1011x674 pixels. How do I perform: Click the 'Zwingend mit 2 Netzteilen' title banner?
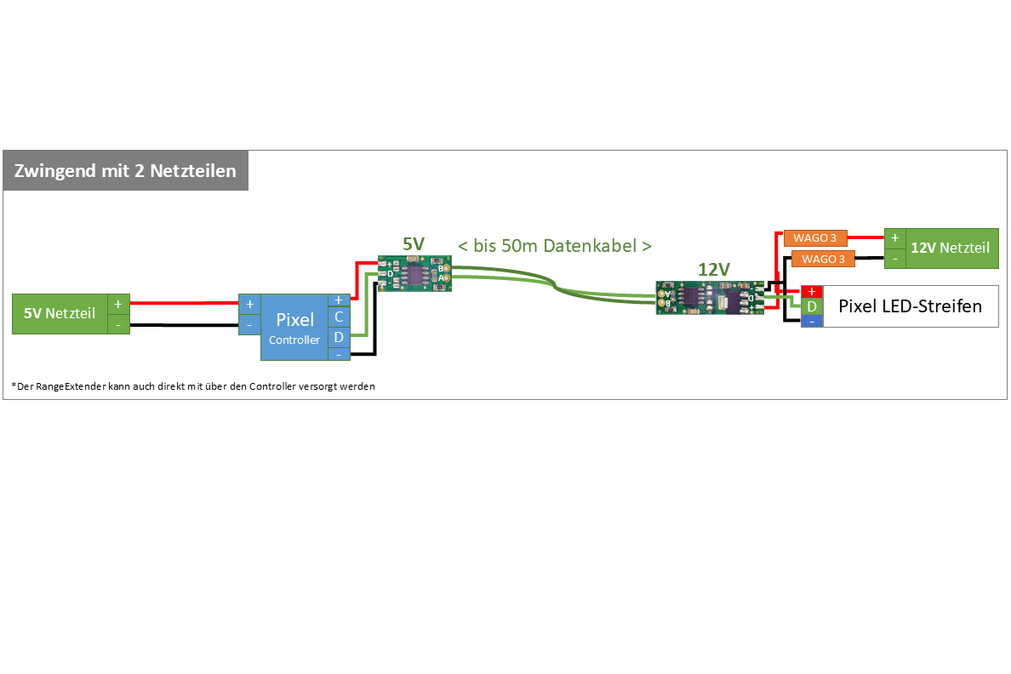[x=125, y=171]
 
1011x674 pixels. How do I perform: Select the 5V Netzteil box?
[x=60, y=314]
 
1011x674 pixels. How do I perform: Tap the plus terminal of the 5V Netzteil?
[x=118, y=304]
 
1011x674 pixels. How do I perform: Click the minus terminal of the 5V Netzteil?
[x=118, y=324]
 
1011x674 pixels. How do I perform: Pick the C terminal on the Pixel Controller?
[x=339, y=317]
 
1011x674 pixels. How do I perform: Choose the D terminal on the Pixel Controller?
[x=339, y=337]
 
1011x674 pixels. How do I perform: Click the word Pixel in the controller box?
[x=294, y=320]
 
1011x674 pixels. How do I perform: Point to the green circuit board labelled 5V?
[x=414, y=273]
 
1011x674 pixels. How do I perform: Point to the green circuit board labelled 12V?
[x=710, y=298]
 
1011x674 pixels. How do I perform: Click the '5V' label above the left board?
[x=414, y=244]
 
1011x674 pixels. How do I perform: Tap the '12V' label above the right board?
[x=714, y=269]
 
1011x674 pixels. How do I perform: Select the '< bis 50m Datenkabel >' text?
[x=555, y=246]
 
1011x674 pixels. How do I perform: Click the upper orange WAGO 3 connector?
[x=814, y=238]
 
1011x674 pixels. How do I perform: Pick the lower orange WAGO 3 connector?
[x=823, y=259]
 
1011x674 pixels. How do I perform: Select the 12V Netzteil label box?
[x=951, y=248]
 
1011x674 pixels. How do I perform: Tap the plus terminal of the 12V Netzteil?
[x=895, y=238]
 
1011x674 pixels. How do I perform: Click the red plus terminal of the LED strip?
[x=812, y=291]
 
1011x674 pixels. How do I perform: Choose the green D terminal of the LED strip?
[x=812, y=306]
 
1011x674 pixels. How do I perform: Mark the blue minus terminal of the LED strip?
[x=812, y=322]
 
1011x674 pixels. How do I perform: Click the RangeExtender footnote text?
[x=194, y=386]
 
